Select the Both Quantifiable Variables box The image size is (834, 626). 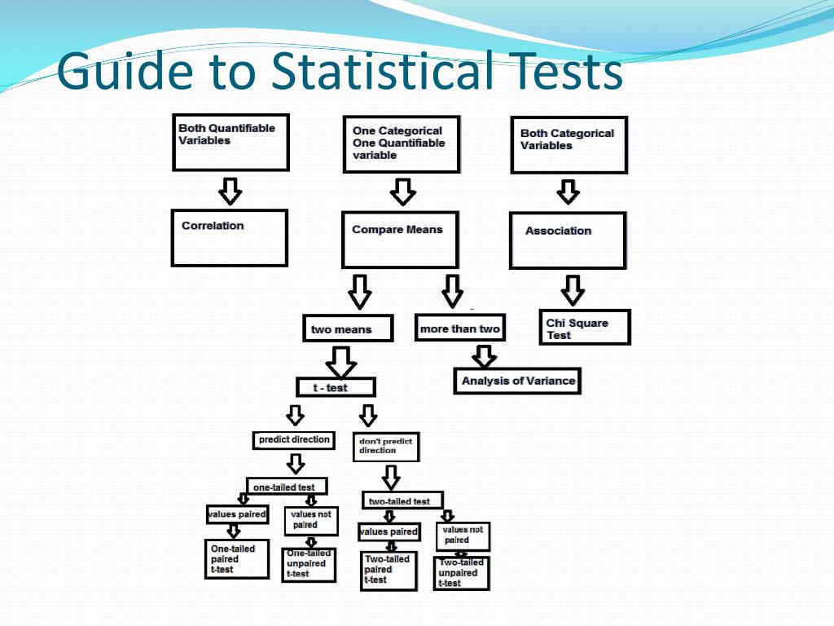(230, 142)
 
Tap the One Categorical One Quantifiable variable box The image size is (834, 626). (401, 144)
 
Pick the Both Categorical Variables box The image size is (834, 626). (568, 145)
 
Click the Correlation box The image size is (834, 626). (229, 237)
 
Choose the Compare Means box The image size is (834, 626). (399, 240)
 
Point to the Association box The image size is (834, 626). (567, 240)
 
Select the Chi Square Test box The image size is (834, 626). (584, 328)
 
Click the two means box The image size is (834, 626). (347, 328)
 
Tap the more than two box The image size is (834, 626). (459, 328)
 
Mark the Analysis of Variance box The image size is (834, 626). (516, 381)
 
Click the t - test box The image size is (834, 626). (335, 387)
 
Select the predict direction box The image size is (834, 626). (293, 440)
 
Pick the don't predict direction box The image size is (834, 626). (388, 447)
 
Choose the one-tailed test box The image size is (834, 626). (286, 487)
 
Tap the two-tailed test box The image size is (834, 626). (402, 500)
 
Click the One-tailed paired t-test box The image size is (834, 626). (235, 559)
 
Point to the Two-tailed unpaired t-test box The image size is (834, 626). (461, 573)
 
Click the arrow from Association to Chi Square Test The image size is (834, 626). (573, 289)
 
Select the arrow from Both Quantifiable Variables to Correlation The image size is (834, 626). (230, 191)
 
